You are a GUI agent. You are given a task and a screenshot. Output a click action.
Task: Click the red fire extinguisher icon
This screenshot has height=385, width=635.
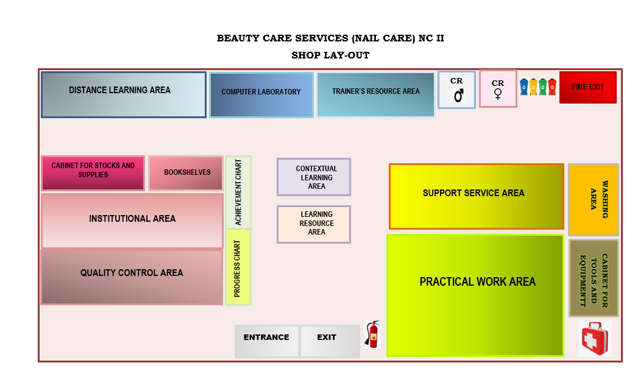pyautogui.click(x=372, y=334)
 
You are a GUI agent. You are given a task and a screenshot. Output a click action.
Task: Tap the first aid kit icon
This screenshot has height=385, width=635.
pyautogui.click(x=595, y=339)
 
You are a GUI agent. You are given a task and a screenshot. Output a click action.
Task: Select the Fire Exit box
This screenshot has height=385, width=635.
pyautogui.click(x=588, y=88)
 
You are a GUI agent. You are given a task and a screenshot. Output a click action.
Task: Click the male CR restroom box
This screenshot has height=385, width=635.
pyautogui.click(x=456, y=90)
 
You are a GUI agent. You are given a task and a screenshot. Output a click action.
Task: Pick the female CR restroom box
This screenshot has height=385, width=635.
pyautogui.click(x=498, y=89)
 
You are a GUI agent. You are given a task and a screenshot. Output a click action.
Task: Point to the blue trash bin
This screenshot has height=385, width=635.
pyautogui.click(x=524, y=88)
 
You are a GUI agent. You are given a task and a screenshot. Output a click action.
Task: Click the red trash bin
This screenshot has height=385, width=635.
pyautogui.click(x=552, y=88)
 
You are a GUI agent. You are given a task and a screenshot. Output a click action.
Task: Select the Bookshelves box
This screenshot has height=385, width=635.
pyautogui.click(x=186, y=173)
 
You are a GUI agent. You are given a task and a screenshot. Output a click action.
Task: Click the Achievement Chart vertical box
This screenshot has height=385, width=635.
pyautogui.click(x=238, y=192)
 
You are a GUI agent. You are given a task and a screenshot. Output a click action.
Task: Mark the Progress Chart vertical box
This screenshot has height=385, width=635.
pyautogui.click(x=238, y=267)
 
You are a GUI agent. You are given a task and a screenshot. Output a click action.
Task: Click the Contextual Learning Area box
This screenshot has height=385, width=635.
pyautogui.click(x=314, y=177)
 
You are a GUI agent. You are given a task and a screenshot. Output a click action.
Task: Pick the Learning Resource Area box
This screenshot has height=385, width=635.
pyautogui.click(x=314, y=224)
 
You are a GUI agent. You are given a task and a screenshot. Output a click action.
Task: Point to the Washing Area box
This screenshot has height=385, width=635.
pyautogui.click(x=594, y=200)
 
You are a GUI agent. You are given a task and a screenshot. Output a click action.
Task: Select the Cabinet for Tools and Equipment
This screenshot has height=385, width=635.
pyautogui.click(x=594, y=278)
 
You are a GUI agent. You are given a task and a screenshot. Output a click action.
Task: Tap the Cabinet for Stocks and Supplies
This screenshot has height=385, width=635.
pyautogui.click(x=93, y=173)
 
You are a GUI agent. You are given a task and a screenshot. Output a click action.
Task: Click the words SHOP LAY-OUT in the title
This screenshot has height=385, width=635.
pyautogui.click(x=330, y=55)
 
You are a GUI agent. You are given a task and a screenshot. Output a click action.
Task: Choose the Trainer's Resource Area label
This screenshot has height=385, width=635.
pyautogui.click(x=375, y=91)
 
